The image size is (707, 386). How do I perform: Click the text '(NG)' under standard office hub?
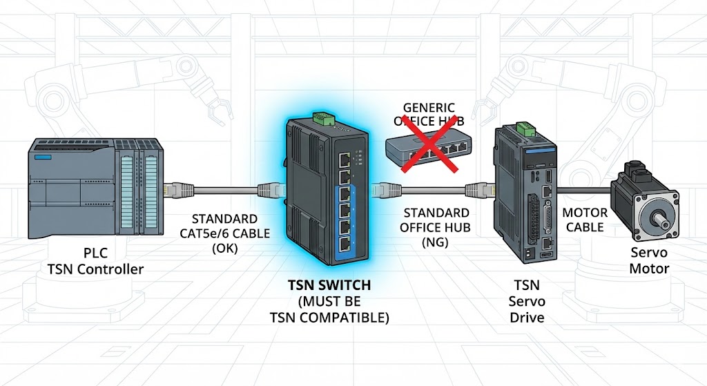pos(436,242)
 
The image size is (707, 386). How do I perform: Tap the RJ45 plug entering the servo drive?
pos(476,188)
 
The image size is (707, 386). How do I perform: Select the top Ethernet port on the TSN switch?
pos(344,160)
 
